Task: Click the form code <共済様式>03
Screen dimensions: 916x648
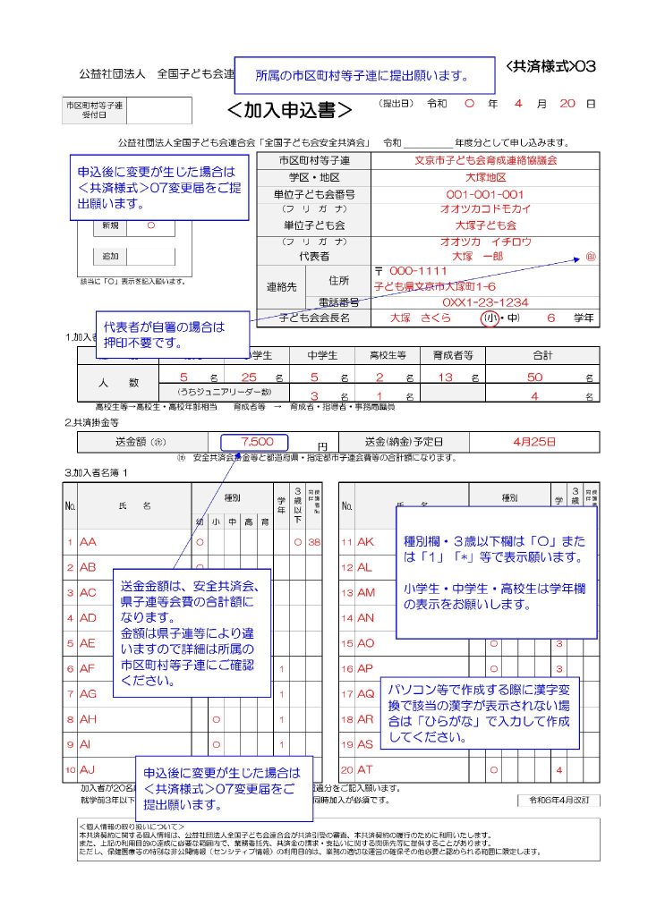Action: [x=550, y=66]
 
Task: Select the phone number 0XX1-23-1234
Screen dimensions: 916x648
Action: [x=485, y=302]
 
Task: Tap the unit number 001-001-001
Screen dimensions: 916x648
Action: [x=485, y=194]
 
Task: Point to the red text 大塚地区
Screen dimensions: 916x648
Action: [x=485, y=178]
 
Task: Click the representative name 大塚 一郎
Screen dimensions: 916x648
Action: [x=478, y=256]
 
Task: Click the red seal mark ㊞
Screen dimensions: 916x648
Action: [x=590, y=257]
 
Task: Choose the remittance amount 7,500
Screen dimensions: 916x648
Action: [x=256, y=442]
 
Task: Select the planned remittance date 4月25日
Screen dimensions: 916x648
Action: [x=535, y=442]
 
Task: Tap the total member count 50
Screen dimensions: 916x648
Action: [x=535, y=377]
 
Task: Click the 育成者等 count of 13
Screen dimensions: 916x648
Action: [x=446, y=377]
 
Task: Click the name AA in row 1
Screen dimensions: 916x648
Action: [x=88, y=542]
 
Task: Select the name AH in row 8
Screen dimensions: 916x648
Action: [x=88, y=718]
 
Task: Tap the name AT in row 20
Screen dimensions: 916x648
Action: [x=365, y=769]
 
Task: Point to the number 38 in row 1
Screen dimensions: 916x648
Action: [x=314, y=542]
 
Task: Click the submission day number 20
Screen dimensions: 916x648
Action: [x=567, y=104]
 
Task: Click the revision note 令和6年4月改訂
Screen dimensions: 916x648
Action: [x=558, y=800]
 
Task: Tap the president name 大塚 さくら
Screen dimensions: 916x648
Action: [x=421, y=318]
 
